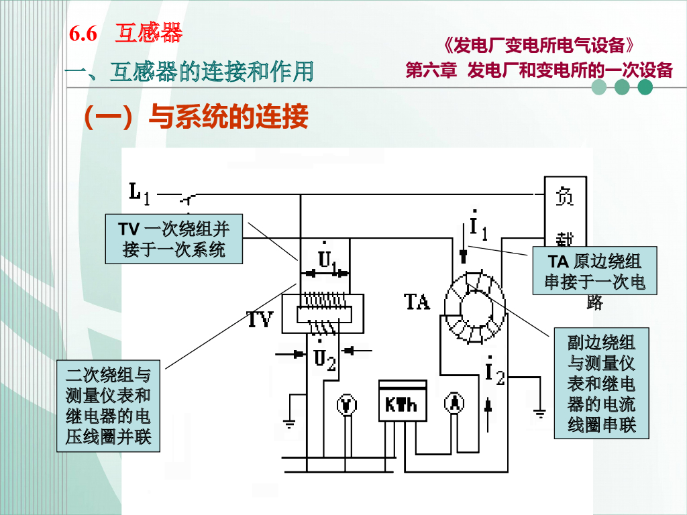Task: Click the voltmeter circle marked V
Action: pyautogui.click(x=346, y=405)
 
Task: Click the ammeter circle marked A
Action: pyautogui.click(x=455, y=403)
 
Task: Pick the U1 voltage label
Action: pyautogui.click(x=328, y=258)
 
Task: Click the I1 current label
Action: pyautogui.click(x=477, y=228)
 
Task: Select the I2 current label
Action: pyautogui.click(x=494, y=372)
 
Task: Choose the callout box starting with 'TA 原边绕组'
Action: pyautogui.click(x=594, y=272)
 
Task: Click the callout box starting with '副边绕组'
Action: pyautogui.click(x=601, y=383)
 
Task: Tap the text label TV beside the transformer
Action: pyautogui.click(x=260, y=319)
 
